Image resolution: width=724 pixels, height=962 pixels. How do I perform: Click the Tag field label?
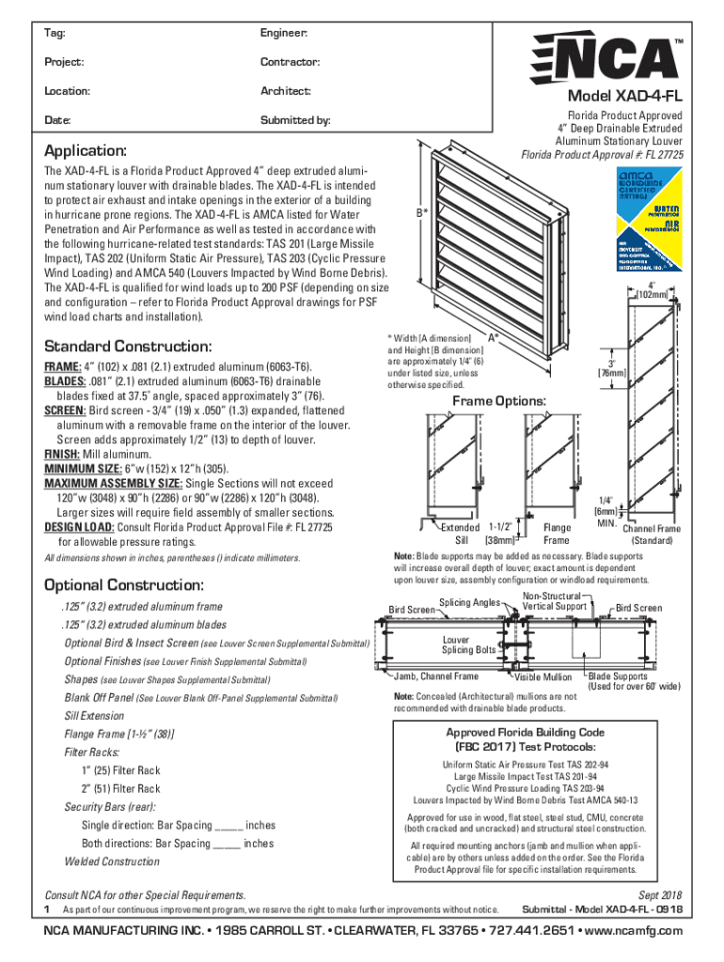tap(54, 33)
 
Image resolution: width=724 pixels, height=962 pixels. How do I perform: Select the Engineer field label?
tap(284, 33)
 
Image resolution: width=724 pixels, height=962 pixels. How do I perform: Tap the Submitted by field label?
tap(294, 121)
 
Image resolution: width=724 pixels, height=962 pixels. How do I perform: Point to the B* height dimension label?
tap(422, 212)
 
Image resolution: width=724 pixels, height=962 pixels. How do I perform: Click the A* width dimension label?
tap(491, 336)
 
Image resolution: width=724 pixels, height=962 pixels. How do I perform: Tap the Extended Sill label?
tap(460, 534)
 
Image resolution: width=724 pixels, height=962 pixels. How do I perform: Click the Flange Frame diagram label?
tap(556, 534)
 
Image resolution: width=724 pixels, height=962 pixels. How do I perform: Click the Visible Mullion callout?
tap(543, 676)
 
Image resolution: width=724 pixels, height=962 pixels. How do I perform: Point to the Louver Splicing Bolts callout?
tap(468, 644)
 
